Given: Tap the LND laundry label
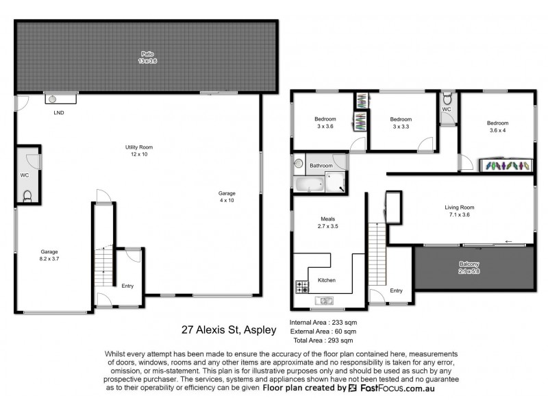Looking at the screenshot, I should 59,112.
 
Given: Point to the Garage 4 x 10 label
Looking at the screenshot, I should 226,197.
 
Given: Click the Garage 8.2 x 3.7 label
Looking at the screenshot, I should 53,256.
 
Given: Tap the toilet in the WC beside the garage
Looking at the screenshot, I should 28,196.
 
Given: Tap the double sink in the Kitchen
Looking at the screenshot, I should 324,300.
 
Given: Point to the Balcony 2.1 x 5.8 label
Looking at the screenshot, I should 469,268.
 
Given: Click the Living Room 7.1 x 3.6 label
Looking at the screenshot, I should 460,211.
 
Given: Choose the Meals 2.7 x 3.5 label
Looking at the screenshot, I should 329,223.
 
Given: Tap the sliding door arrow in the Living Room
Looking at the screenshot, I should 508,241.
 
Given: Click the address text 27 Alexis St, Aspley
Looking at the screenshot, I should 229,329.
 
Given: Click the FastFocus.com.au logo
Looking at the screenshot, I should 390,388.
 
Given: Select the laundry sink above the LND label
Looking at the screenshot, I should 61,98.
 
